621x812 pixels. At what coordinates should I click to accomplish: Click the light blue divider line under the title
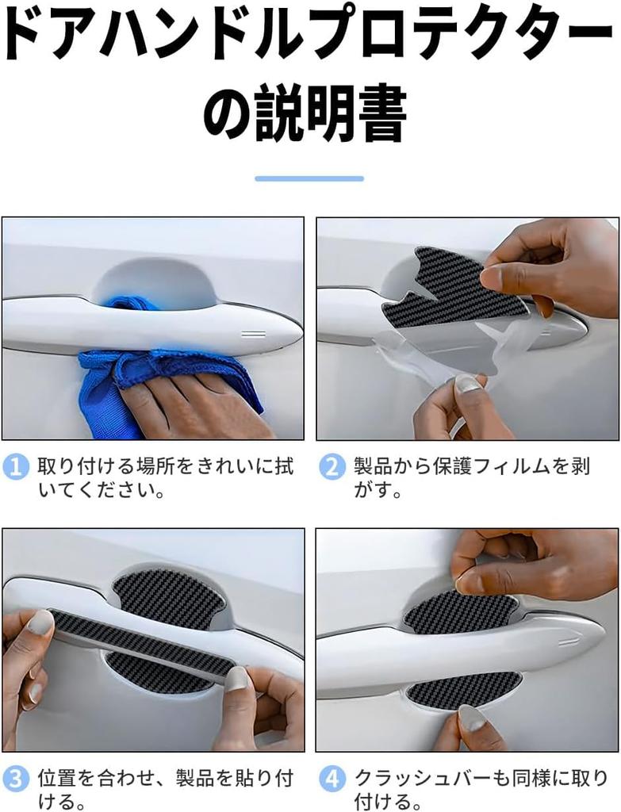click(309, 179)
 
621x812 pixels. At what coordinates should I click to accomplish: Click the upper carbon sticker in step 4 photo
click(460, 611)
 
